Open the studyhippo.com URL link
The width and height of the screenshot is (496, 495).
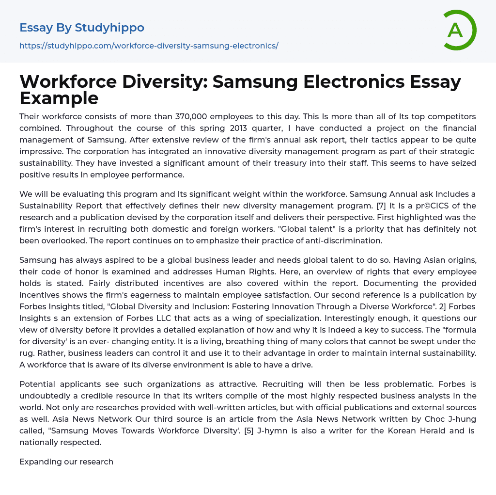[x=149, y=46]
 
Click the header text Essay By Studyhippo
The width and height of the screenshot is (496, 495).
[x=82, y=28]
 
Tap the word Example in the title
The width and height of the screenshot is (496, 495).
[x=59, y=98]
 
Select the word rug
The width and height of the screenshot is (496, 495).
[x=28, y=353]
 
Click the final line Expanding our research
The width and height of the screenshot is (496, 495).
[x=66, y=462]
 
